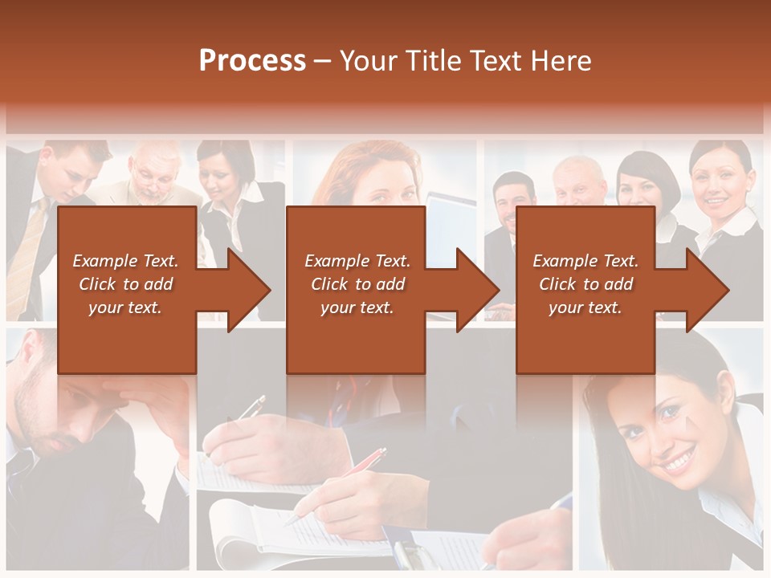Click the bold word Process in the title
click(x=252, y=61)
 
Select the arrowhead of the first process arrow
click(x=249, y=290)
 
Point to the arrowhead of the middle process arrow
click(x=478, y=290)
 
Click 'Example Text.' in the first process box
click(x=125, y=261)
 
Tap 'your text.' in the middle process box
click(x=357, y=307)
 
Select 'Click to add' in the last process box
click(x=585, y=284)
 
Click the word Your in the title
click(x=369, y=61)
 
